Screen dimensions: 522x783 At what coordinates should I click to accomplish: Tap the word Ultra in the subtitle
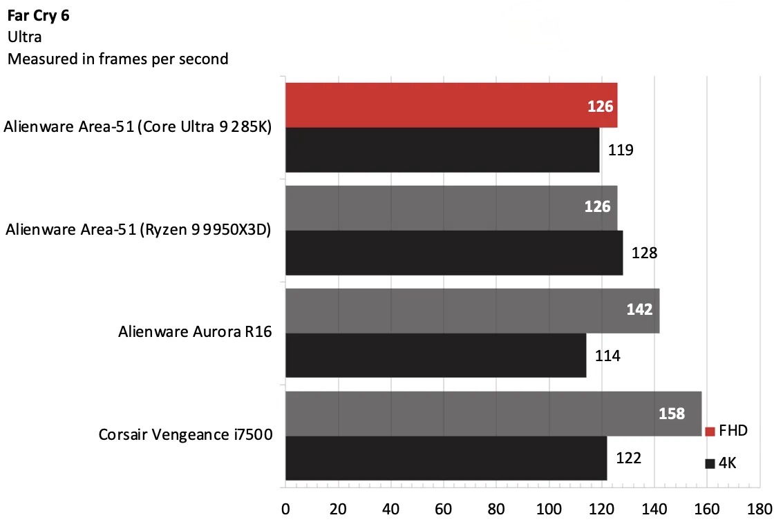24,37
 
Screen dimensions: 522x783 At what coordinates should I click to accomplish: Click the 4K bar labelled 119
442,150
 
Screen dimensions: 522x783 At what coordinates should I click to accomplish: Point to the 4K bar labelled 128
453,253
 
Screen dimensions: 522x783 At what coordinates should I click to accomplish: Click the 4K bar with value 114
435,355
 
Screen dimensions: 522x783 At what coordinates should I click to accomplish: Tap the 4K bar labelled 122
446,457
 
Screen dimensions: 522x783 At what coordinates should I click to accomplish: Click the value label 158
672,414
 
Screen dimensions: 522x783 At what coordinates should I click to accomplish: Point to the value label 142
639,309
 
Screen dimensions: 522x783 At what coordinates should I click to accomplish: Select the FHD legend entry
726,431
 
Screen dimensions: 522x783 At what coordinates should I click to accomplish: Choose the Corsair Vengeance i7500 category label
186,435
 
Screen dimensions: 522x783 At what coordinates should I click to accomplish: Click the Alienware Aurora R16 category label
195,333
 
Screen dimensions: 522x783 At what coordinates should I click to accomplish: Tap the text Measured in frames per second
117,59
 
